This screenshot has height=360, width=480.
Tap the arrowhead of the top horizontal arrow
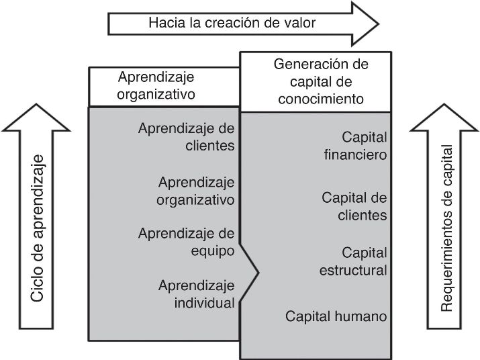[x=367, y=23]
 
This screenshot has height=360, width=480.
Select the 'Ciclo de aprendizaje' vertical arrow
[x=37, y=222]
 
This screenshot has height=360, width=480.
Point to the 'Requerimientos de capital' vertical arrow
[x=446, y=222]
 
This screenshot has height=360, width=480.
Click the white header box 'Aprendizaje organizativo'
[x=156, y=85]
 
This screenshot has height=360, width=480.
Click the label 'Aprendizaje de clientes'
[x=187, y=136]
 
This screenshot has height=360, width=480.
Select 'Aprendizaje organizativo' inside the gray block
[x=196, y=191]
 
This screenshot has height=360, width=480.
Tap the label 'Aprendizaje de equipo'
[x=187, y=242]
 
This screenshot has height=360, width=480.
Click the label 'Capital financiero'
[x=356, y=146]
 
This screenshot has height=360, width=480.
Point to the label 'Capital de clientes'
[x=354, y=206]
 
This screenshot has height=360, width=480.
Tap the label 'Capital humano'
[x=336, y=316]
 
